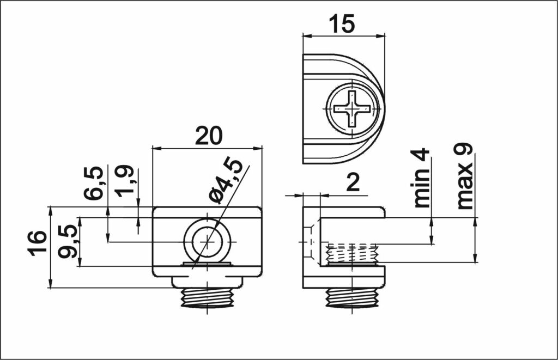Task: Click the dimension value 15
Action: (x=342, y=23)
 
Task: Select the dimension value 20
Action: (x=209, y=135)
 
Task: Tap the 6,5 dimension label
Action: (x=94, y=183)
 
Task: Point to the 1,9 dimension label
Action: (x=125, y=181)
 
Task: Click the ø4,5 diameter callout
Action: (x=226, y=180)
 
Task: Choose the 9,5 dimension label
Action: (x=68, y=241)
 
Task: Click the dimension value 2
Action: (x=353, y=184)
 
